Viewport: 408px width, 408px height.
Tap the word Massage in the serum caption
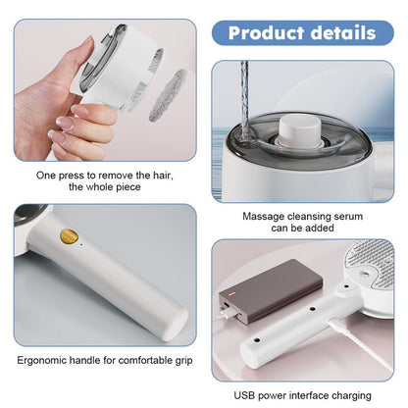pos(265,213)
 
